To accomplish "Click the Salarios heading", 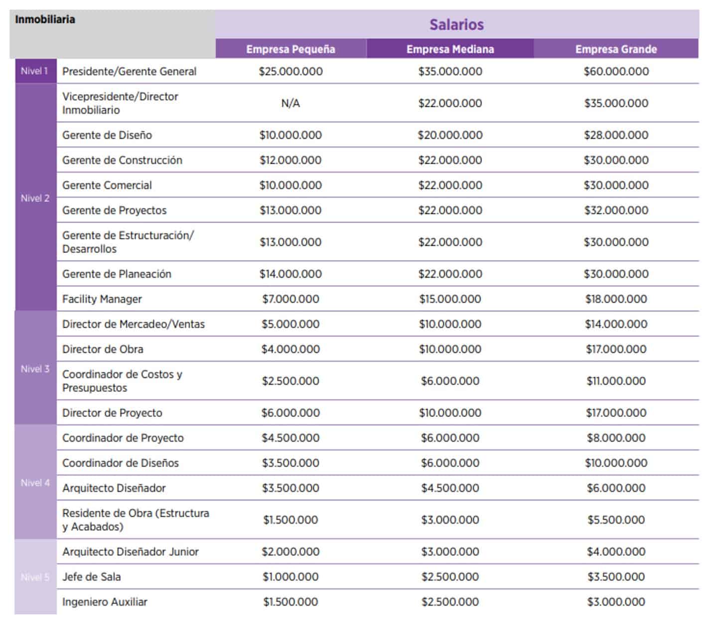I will click(456, 24).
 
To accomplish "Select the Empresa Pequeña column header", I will click(290, 49).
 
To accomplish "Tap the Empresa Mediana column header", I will click(450, 49).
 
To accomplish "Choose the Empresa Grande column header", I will click(616, 49).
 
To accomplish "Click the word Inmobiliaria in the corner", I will click(45, 19).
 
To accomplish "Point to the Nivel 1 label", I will click(34, 71).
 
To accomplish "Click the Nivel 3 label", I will click(35, 369).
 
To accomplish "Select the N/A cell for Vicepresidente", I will click(290, 103).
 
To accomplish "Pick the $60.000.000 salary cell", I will click(616, 71).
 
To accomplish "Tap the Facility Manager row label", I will click(102, 299).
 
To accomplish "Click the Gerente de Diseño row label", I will click(107, 135).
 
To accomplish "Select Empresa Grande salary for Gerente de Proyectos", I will click(616, 210).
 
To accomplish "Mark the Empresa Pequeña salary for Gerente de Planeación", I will click(290, 274).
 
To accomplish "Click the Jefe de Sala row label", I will click(92, 577).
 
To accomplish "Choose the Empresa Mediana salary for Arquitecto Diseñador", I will click(450, 488).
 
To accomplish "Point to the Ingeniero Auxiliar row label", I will click(105, 602).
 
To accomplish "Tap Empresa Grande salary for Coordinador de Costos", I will click(616, 381).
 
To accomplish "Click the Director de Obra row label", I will click(103, 349).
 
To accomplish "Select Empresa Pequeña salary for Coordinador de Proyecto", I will click(290, 438).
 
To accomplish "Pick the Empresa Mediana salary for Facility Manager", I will click(450, 299).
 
